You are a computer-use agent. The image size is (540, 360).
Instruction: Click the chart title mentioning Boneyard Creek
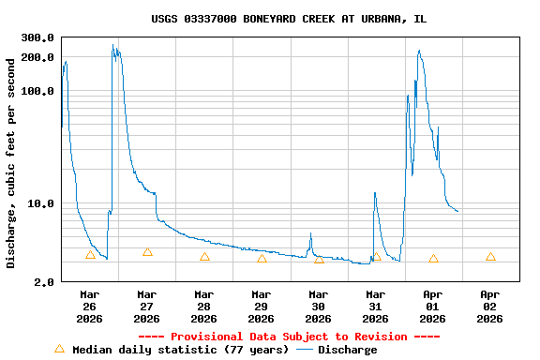(289, 19)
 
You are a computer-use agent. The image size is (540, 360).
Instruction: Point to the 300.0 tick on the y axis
(37, 37)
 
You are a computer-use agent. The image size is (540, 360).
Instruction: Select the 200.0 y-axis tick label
(37, 57)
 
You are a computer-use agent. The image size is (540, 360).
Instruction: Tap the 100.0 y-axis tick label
(37, 91)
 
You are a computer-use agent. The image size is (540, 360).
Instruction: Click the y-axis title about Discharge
(11, 163)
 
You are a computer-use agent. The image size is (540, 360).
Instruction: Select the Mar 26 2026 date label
(90, 307)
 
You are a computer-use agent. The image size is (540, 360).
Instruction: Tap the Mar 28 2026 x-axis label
(204, 307)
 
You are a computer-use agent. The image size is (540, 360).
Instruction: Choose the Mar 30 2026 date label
(319, 307)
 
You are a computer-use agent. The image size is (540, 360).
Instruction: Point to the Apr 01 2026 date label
(433, 307)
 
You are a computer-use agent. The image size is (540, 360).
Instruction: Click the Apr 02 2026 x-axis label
(490, 307)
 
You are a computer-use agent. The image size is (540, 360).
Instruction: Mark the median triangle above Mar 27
(147, 252)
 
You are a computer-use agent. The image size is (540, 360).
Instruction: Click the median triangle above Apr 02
(490, 257)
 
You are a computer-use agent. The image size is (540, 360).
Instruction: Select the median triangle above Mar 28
(204, 257)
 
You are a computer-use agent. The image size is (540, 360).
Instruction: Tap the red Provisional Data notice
(289, 337)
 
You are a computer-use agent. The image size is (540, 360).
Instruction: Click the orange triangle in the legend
(60, 349)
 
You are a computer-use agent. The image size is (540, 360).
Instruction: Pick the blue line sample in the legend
(305, 350)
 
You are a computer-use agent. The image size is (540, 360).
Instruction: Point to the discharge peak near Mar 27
(113, 45)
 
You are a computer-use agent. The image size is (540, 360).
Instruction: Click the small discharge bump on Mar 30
(310, 233)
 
